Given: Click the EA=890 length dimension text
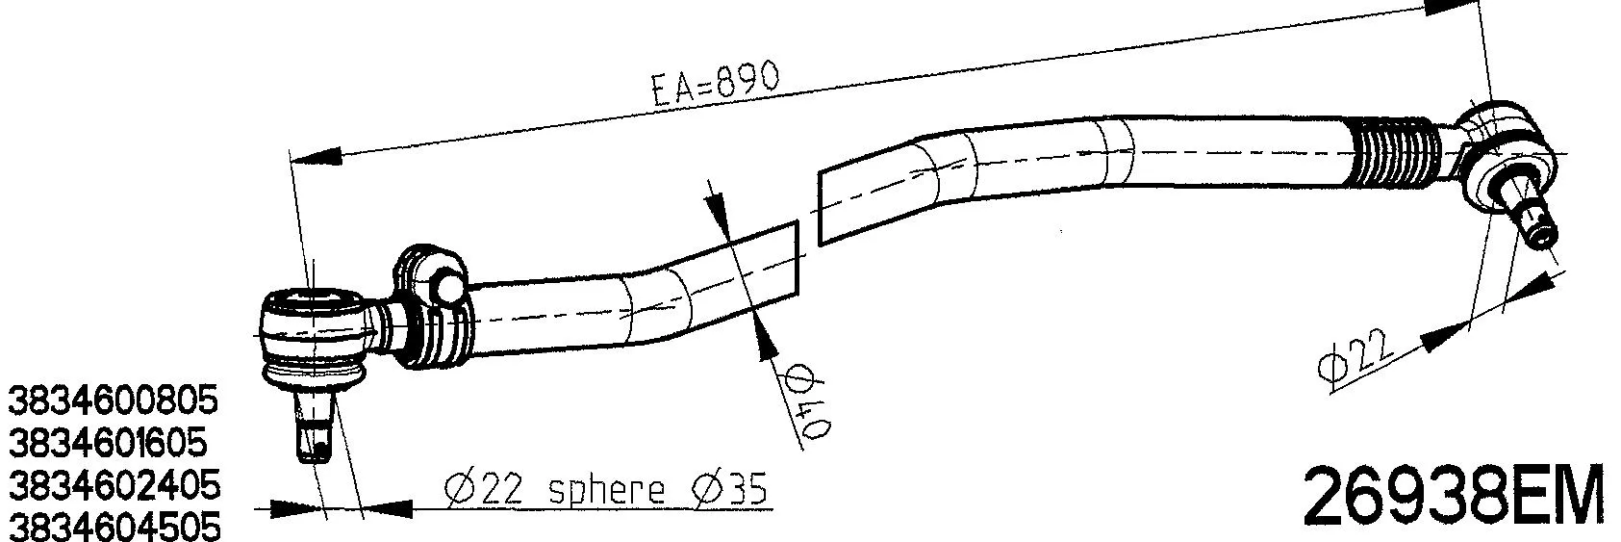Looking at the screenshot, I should coord(714,84).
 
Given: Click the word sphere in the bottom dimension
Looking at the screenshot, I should coord(606,492).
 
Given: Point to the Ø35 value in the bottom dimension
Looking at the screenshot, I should coord(730,490).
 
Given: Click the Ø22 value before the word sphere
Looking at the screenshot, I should coord(484,491).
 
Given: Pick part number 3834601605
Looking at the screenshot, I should coord(108,442).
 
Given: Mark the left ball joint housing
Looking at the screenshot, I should coord(315,332).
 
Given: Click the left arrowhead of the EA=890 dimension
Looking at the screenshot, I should coord(317,156).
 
